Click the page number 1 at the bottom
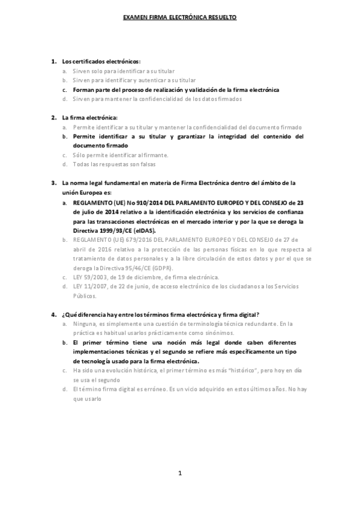[x=179, y=474]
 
